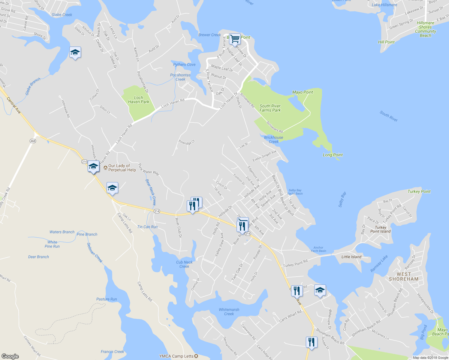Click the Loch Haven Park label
click(138, 100)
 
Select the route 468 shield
click(33, 141)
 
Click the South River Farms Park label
click(270, 108)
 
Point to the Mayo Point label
click(303, 92)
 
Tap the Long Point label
click(333, 155)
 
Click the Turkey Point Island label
click(380, 229)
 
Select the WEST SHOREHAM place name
click(403, 276)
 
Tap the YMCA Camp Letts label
click(176, 356)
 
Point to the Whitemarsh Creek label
click(229, 312)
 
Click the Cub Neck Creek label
click(184, 264)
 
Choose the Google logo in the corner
click(10, 356)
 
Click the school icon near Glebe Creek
click(75, 52)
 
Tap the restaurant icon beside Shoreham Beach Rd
click(312, 342)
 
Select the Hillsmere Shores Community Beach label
click(425, 29)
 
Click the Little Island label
click(351, 257)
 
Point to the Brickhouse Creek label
click(273, 139)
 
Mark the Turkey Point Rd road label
click(295, 263)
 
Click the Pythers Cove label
click(184, 64)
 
